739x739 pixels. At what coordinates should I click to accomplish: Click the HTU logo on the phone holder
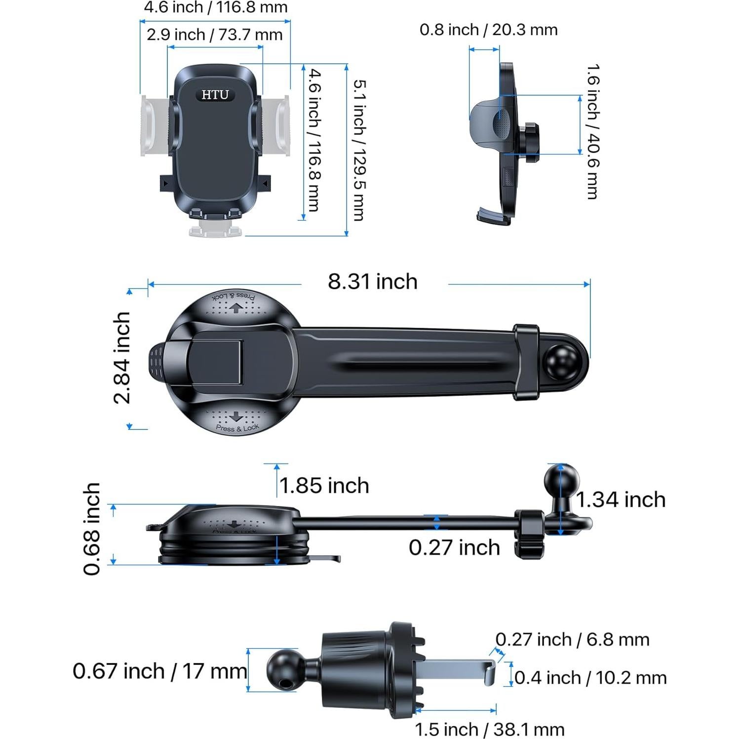coord(215,95)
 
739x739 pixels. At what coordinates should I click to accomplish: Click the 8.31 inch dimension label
coord(373,282)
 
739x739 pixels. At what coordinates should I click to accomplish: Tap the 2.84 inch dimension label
coord(122,357)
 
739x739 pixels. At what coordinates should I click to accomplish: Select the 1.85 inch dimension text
coord(324,486)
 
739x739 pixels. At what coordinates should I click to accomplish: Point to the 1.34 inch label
coord(621,500)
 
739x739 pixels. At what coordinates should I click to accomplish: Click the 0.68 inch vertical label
coord(92,529)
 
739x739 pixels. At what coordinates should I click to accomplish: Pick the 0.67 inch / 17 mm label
coord(159,671)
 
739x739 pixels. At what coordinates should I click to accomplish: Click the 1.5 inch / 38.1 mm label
coord(489,729)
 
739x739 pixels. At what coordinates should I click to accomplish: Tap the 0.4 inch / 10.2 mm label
coord(590,678)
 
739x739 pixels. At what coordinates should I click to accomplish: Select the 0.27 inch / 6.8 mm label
coord(572,640)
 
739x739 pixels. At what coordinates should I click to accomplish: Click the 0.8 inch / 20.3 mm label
coord(488,30)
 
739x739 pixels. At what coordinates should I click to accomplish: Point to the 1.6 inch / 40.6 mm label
coord(592,131)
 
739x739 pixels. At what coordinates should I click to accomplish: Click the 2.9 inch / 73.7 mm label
coord(214,35)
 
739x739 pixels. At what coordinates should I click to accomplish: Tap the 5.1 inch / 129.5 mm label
coord(359,150)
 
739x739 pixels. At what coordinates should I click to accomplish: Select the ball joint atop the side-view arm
coord(561,479)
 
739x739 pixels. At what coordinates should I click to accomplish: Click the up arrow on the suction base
coord(235,308)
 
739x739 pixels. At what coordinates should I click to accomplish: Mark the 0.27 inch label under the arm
coord(454,547)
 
